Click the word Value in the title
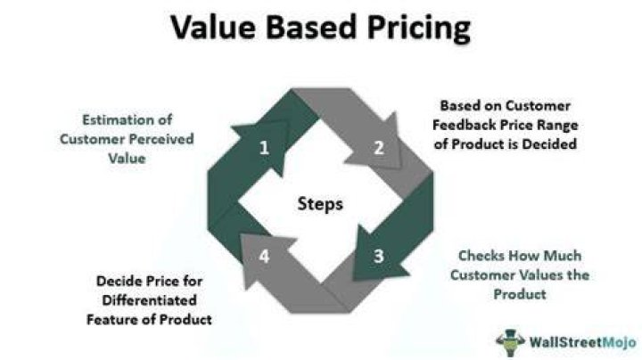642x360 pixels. point(213,27)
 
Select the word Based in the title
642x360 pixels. point(311,27)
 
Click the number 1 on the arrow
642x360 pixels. point(264,147)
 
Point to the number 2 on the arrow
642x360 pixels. point(379,148)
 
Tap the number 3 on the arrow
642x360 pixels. point(379,256)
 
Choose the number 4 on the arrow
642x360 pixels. point(264,256)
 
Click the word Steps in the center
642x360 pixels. point(320,204)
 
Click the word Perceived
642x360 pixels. point(164,139)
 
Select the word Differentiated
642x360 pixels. point(150,300)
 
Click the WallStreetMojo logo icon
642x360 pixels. point(510,342)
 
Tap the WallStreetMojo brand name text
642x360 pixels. point(582,342)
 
